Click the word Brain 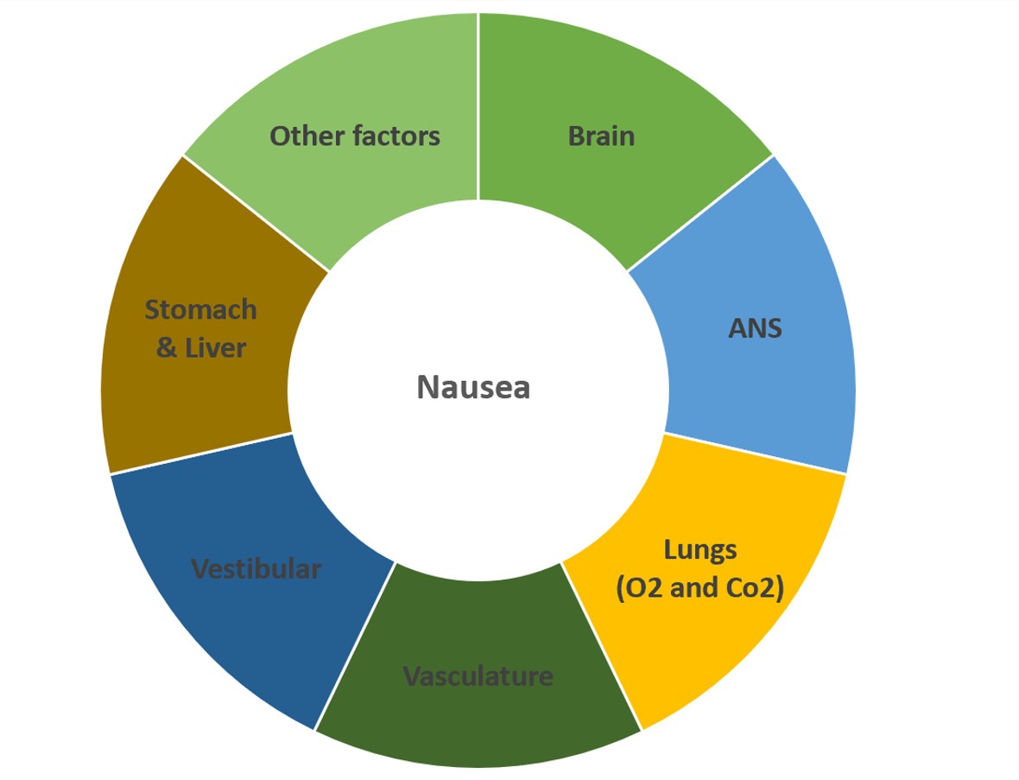[601, 136]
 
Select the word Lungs [699, 549]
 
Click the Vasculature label [478, 675]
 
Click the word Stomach [200, 309]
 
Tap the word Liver [214, 348]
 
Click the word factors [396, 136]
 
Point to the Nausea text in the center [473, 387]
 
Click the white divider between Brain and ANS [699, 213]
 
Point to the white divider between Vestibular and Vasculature [355, 646]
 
